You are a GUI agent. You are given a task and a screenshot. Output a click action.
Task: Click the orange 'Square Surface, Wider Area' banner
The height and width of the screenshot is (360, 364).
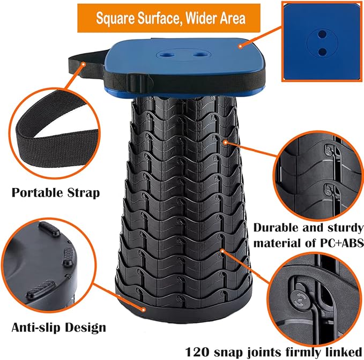pyautogui.click(x=170, y=18)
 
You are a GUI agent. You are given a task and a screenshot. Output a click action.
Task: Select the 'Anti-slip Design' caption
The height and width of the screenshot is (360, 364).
pyautogui.click(x=59, y=326)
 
